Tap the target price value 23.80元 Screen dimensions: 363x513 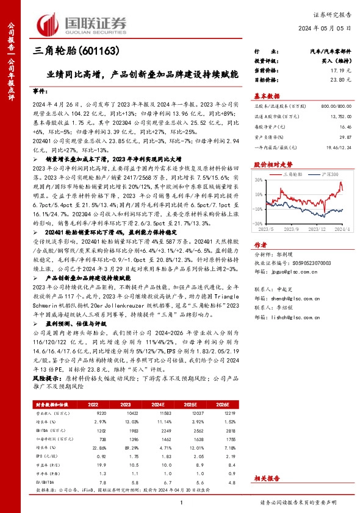342,80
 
